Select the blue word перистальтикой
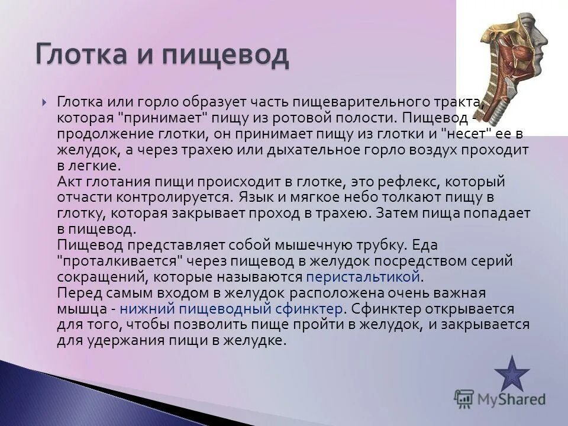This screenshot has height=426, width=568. [363, 276]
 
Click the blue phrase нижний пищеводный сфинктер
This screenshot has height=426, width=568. [231, 308]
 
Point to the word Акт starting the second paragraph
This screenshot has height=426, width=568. [70, 181]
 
